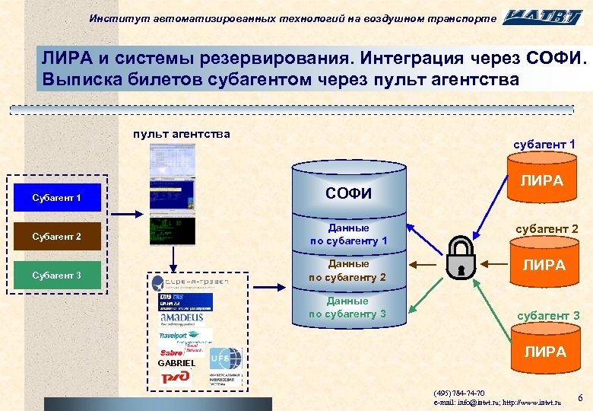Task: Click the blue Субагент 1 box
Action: point(57,198)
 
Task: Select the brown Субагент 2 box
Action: point(57,236)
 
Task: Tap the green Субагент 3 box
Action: point(57,275)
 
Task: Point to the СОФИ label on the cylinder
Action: point(348,193)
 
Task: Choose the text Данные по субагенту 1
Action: point(348,234)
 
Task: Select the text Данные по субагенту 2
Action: point(348,270)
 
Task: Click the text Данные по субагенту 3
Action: point(348,307)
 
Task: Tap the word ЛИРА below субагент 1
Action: point(541,180)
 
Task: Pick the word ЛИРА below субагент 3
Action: point(545,352)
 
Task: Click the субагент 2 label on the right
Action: point(547,228)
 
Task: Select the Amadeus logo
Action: point(182,317)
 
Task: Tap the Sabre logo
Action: point(172,353)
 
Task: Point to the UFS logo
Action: point(226,358)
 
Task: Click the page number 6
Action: point(580,398)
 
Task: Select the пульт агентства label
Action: point(181,135)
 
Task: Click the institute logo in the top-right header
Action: point(545,17)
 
